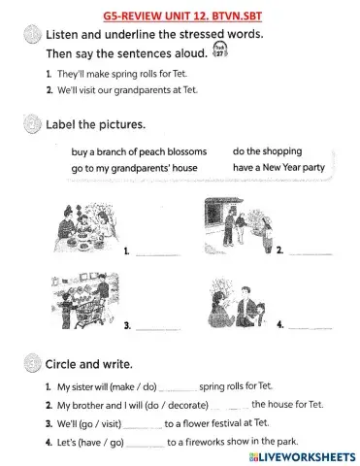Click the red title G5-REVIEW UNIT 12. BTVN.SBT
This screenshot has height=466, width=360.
(x=182, y=16)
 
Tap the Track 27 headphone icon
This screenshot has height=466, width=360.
(x=220, y=50)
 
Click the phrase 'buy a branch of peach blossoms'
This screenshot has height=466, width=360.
(x=139, y=151)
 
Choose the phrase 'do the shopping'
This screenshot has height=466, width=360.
(x=267, y=151)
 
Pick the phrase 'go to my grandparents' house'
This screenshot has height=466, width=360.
(x=134, y=168)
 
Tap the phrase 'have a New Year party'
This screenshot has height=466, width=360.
(x=278, y=167)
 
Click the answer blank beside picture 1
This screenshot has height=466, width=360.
(x=158, y=255)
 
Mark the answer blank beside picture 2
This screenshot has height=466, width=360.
(x=311, y=254)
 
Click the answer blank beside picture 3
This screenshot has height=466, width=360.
(x=158, y=329)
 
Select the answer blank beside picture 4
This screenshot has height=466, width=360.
(x=311, y=328)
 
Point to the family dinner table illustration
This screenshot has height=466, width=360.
(x=85, y=228)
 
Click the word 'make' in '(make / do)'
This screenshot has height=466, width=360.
(x=122, y=386)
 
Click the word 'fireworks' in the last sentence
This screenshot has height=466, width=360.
(x=201, y=442)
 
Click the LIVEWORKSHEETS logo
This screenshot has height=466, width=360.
(x=302, y=457)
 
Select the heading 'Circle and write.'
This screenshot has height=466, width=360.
(x=89, y=364)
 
